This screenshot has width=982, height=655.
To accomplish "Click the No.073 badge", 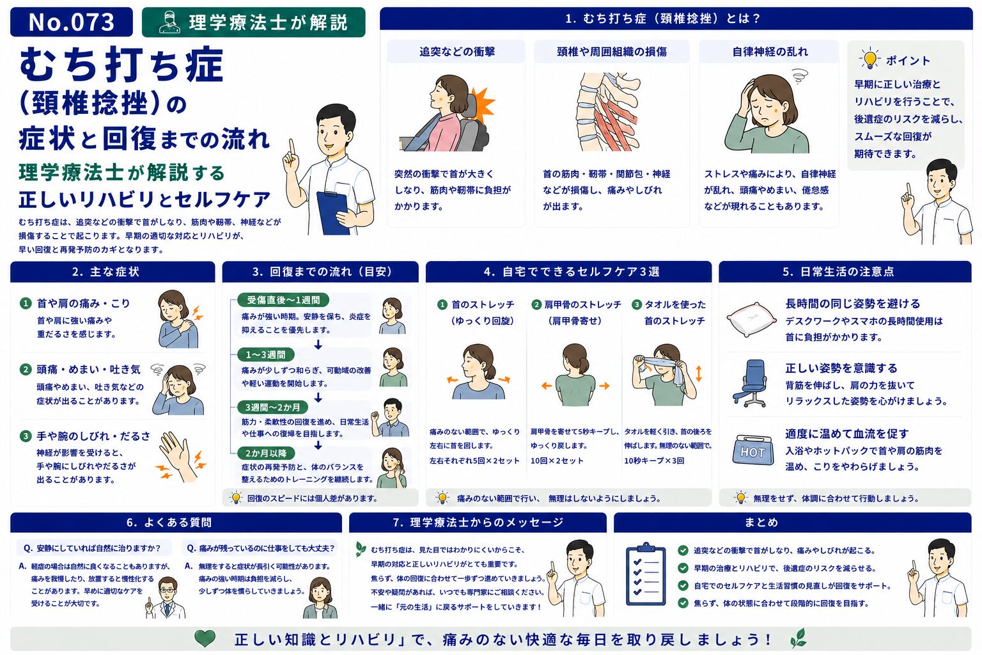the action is [x=72, y=22].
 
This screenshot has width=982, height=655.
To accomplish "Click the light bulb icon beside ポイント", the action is [x=869, y=59].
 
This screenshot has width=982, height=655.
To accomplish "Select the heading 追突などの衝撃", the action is [x=457, y=52].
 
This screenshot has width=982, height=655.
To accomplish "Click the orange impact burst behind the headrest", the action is [x=482, y=106].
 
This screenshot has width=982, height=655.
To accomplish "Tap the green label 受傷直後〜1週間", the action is [x=283, y=300].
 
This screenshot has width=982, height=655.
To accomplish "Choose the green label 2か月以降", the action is [x=266, y=454].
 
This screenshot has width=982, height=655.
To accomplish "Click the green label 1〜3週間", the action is [x=265, y=354].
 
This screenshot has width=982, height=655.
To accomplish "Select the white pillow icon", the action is [x=751, y=319].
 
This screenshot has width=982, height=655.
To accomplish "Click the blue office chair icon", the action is [x=751, y=383].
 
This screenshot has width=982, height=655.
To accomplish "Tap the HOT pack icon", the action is [x=752, y=450].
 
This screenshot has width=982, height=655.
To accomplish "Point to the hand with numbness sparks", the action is [x=180, y=456].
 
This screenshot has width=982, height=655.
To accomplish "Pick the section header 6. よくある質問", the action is [x=169, y=522].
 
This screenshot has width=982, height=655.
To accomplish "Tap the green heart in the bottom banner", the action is [x=205, y=638].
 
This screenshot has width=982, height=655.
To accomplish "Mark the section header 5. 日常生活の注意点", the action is [x=845, y=272].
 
